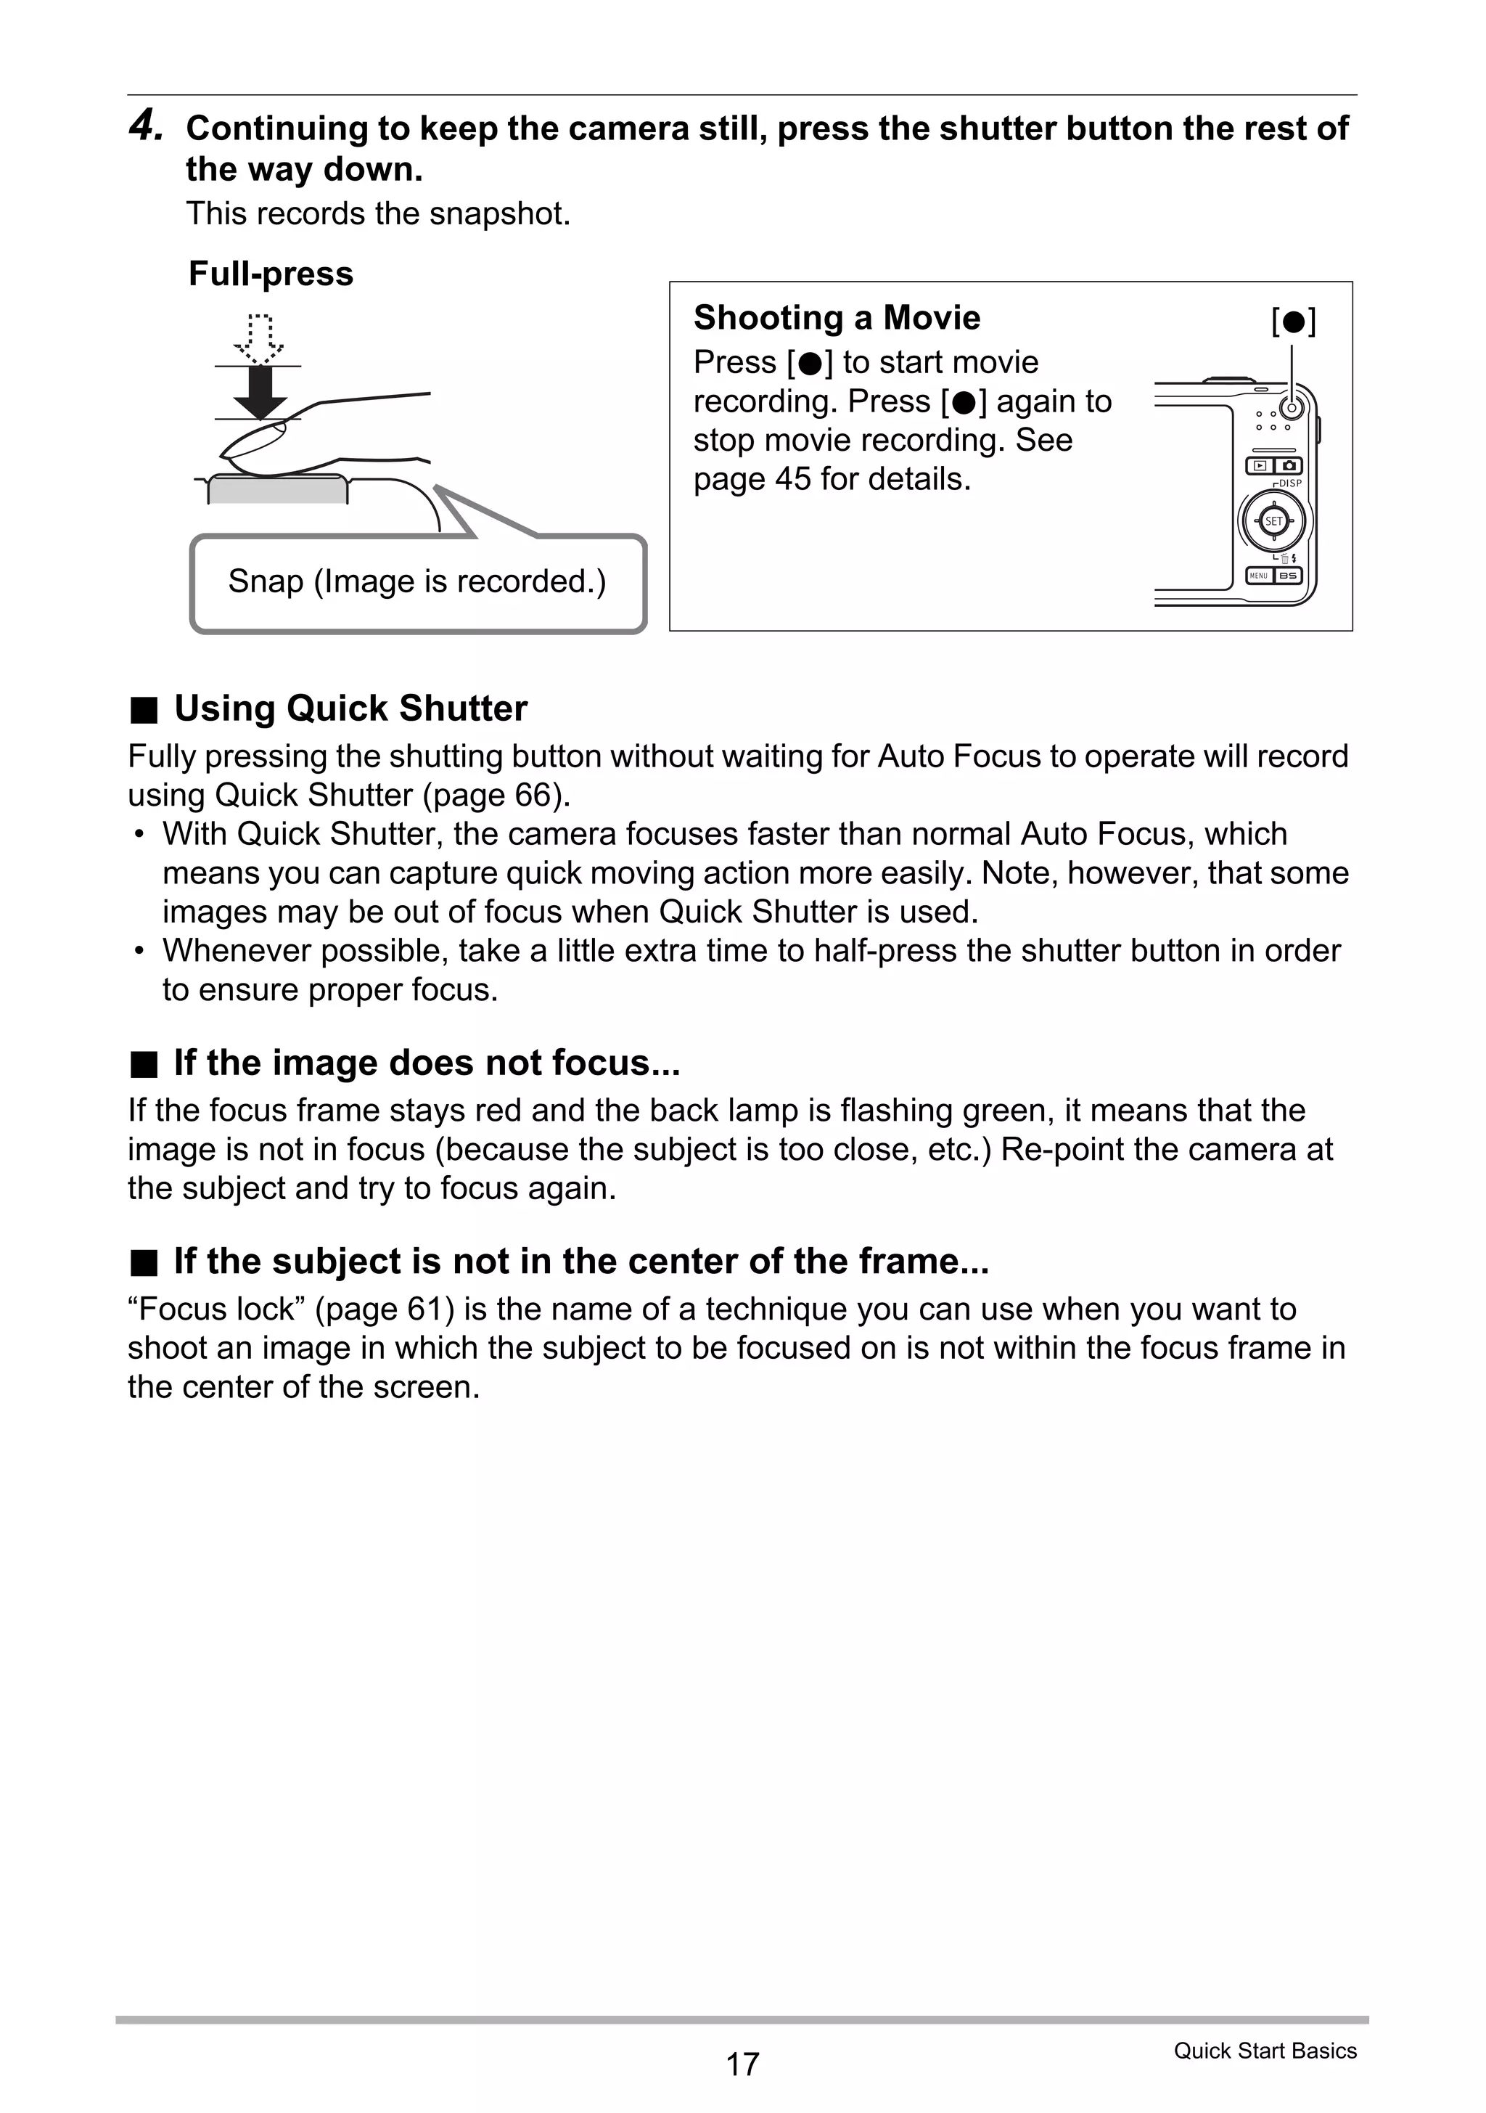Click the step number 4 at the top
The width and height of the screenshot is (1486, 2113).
pos(145,126)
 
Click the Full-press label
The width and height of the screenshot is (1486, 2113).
pos(271,274)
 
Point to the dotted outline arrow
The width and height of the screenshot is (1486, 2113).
pos(260,337)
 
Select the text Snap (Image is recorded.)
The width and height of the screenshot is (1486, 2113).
pos(416,581)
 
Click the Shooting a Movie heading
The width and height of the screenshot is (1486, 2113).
pos(837,317)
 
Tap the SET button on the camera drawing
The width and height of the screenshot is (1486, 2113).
pos(1273,521)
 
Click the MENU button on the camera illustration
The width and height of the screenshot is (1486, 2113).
pos(1259,575)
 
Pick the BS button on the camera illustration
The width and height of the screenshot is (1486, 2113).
pos(1288,575)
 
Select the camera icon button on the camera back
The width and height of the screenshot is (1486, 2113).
pos(1288,466)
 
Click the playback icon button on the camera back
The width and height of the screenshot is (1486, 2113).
pos(1259,466)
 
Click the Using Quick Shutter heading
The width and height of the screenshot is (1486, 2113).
pos(350,708)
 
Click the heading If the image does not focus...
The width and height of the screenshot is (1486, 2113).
pos(426,1063)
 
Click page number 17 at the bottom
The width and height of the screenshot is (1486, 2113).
pos(742,2064)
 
